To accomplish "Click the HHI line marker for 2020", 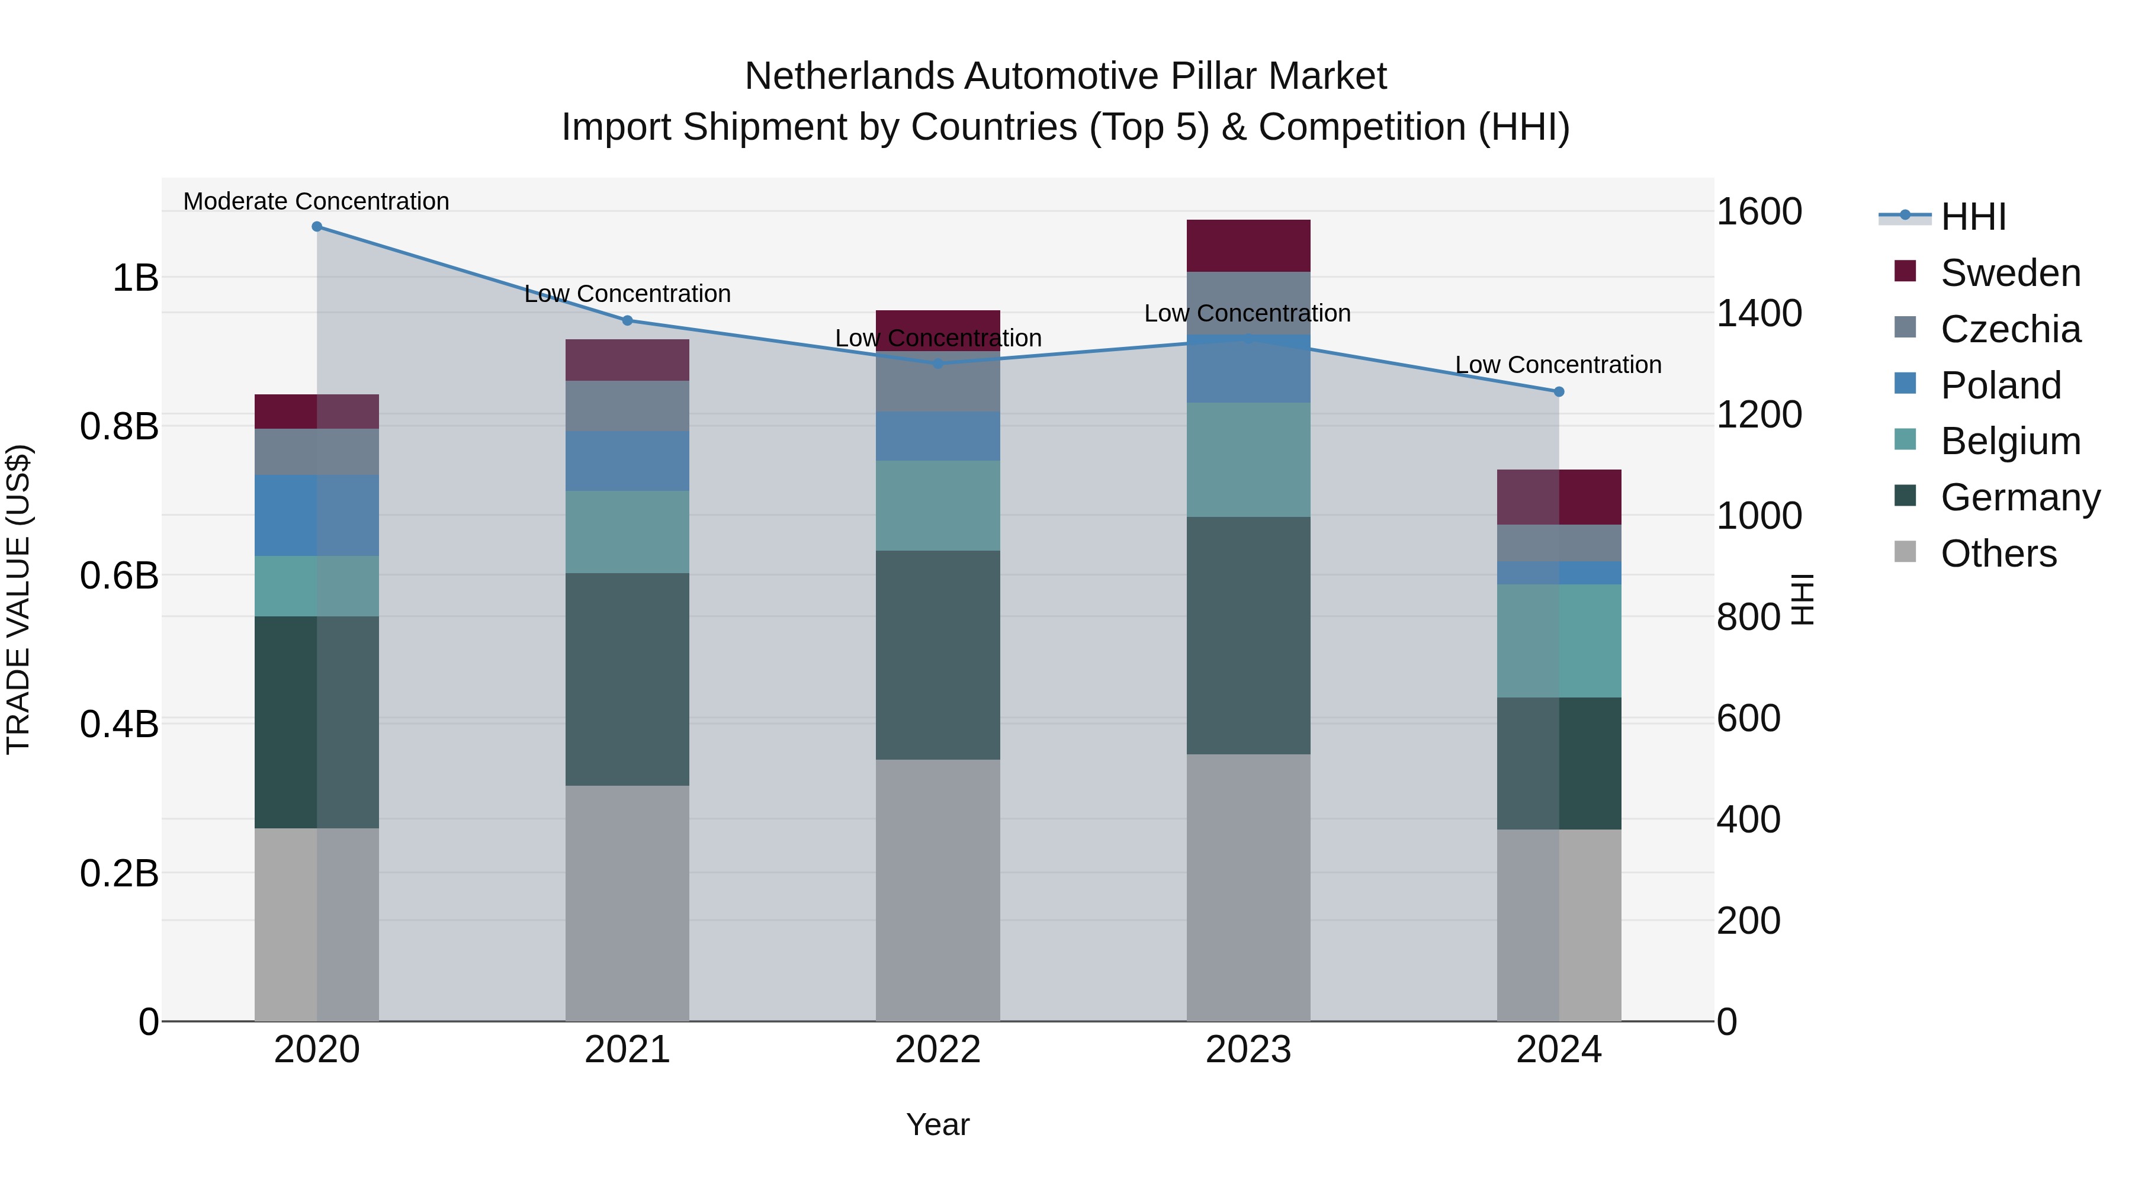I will (317, 227).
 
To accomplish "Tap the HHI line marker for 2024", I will (1559, 391).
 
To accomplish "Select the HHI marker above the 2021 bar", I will (627, 320).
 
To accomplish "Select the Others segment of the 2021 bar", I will (627, 903).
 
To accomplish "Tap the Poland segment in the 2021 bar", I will (627, 461).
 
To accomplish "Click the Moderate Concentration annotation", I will (316, 201).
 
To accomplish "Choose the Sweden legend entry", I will (2009, 273).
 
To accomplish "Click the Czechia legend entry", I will (2009, 329).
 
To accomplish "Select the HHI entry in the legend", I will (1973, 217).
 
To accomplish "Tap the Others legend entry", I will (1998, 554).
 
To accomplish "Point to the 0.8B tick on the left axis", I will (119, 427).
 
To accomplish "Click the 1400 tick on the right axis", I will (1759, 314).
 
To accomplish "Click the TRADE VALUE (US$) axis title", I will (18, 599).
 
